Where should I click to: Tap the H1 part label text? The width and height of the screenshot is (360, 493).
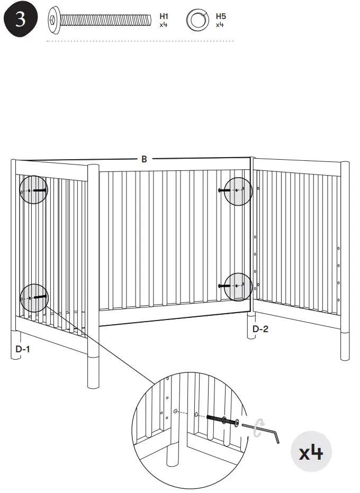tap(163, 16)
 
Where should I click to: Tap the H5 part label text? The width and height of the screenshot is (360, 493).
tap(220, 16)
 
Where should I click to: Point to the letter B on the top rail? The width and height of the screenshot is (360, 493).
tap(144, 159)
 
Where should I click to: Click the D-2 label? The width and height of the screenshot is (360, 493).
tap(260, 329)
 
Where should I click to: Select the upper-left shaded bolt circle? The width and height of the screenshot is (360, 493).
tap(34, 189)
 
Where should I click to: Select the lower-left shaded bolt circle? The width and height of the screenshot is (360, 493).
tap(33, 298)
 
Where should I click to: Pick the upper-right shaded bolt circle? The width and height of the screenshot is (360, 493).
tap(238, 191)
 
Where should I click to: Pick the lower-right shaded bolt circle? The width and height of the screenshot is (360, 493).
tap(238, 286)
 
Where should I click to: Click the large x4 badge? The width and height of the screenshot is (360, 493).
tap(311, 453)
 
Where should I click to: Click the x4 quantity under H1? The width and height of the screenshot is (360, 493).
tap(163, 24)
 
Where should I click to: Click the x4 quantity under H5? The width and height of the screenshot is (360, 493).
tap(220, 24)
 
